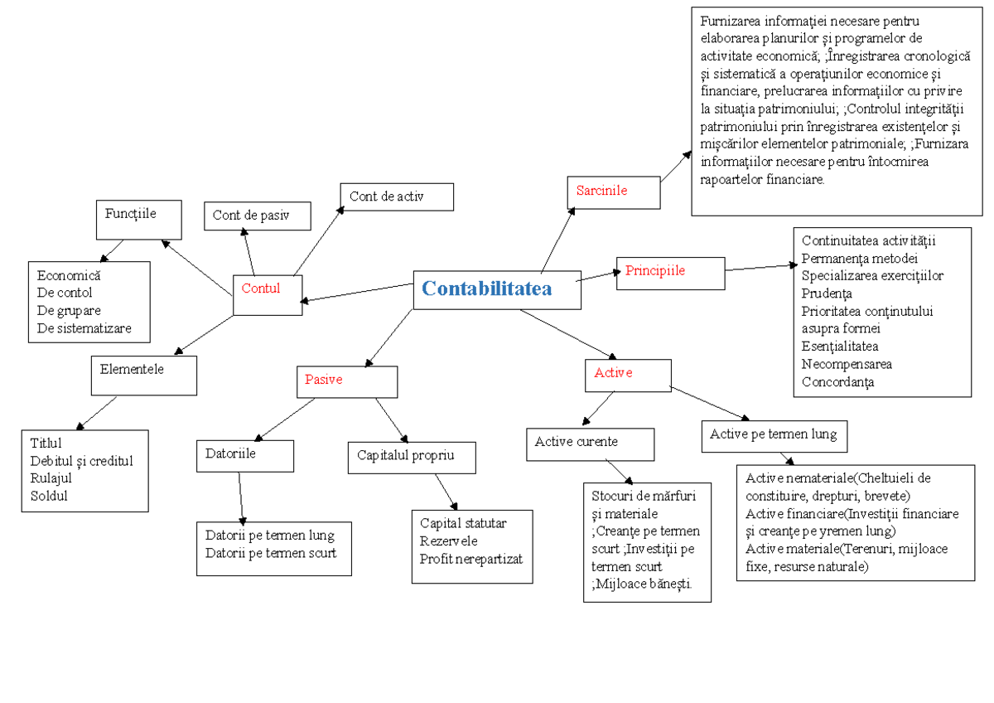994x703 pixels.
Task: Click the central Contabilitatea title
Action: tap(486, 288)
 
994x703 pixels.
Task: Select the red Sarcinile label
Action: tap(601, 191)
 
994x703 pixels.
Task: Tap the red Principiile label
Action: tap(654, 270)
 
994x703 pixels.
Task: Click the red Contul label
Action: tap(261, 289)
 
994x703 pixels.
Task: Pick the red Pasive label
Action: tap(323, 380)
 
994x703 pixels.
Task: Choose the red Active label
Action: tap(613, 373)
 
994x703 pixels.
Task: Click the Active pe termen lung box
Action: tap(773, 434)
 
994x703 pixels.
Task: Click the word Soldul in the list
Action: tap(49, 497)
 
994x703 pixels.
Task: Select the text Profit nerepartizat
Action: tap(470, 559)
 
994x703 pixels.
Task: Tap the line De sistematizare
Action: tap(84, 328)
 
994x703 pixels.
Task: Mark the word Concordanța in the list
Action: tap(837, 382)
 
